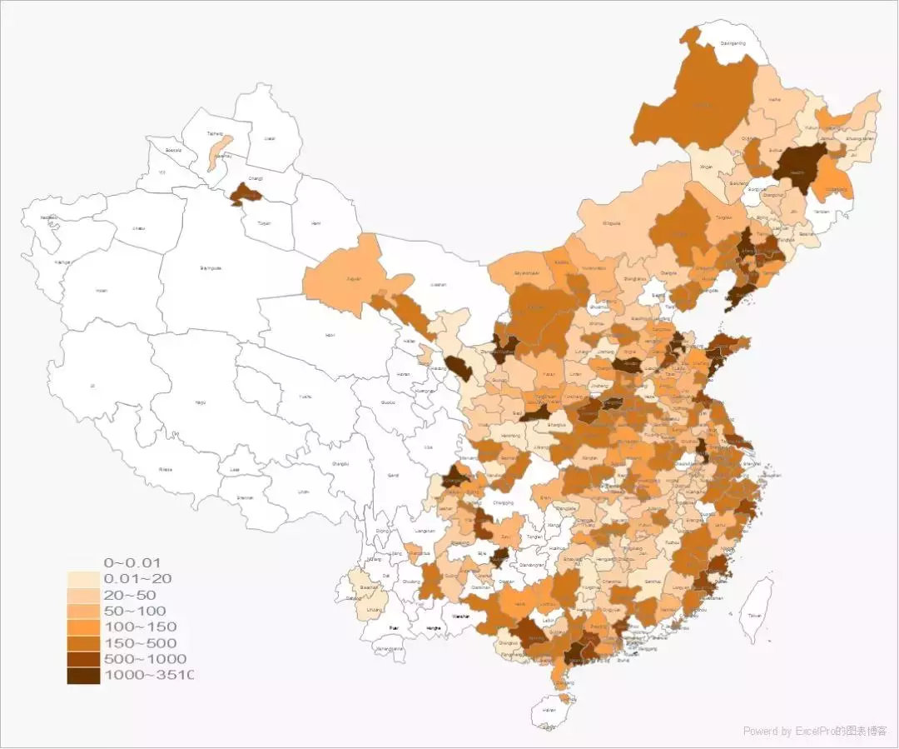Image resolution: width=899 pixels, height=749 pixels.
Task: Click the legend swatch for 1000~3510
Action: [x=83, y=675]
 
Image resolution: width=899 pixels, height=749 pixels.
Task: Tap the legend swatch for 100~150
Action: [x=83, y=627]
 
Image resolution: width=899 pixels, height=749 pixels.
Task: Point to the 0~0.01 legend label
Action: [x=132, y=562]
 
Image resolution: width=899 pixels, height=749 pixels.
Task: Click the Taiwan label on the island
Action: [x=753, y=616]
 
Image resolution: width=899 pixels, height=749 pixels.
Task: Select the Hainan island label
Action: [x=549, y=710]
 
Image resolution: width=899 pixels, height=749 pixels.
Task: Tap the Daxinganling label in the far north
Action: [x=733, y=42]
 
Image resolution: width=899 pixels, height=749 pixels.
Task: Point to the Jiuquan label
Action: [x=354, y=278]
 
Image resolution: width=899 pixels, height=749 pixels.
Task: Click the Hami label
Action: [x=315, y=223]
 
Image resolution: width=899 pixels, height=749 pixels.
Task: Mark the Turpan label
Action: [x=265, y=223]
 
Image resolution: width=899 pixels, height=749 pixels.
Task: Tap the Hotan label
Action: [x=102, y=291]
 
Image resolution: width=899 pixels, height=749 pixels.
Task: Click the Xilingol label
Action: [x=612, y=223]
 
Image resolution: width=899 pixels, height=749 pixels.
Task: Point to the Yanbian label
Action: [x=822, y=212]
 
